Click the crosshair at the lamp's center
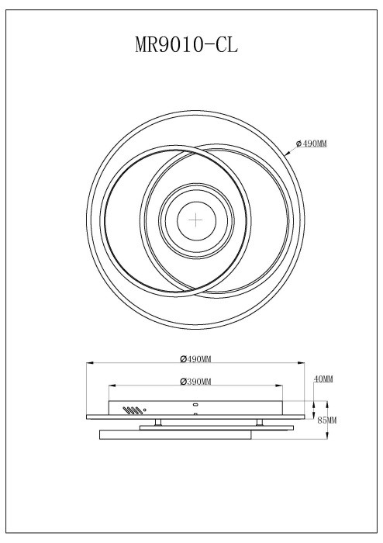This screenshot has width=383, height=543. tap(195, 220)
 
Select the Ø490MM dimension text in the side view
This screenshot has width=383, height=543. tap(195, 358)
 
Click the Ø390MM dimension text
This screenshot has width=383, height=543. tap(195, 381)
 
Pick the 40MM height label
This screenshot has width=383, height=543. tap(323, 379)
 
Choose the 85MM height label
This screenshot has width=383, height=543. tap(327, 420)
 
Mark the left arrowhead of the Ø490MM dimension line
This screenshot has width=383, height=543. tap(88, 362)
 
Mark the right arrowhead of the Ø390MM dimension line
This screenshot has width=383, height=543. tap(281, 385)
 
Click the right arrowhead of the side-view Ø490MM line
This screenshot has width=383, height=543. tap(301, 362)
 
